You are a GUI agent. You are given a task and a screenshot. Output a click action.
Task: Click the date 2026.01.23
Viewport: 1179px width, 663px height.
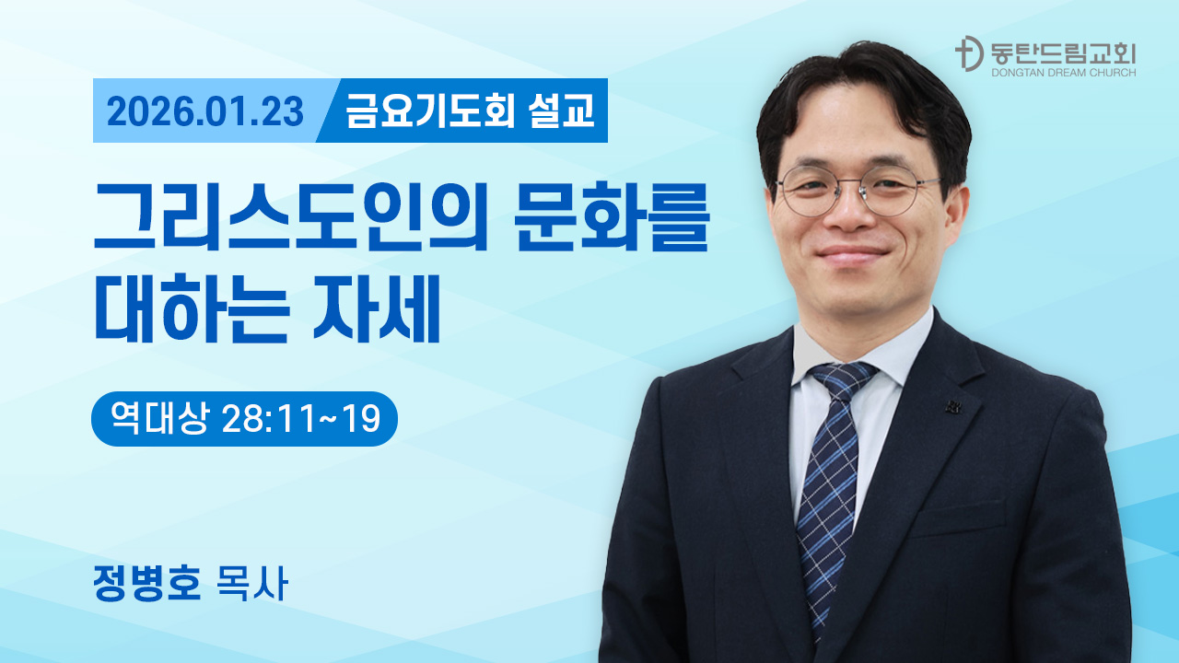204,112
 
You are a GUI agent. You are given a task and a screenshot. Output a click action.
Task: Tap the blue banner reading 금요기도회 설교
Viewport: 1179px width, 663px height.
470,112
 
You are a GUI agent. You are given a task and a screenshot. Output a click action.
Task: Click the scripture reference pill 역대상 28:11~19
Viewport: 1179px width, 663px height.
244,419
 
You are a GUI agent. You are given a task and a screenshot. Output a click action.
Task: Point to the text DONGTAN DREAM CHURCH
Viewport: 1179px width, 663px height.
1063,72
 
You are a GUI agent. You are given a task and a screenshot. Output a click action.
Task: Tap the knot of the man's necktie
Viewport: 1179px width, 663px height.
839,378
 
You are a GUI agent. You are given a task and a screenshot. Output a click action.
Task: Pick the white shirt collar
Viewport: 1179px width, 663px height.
829,355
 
